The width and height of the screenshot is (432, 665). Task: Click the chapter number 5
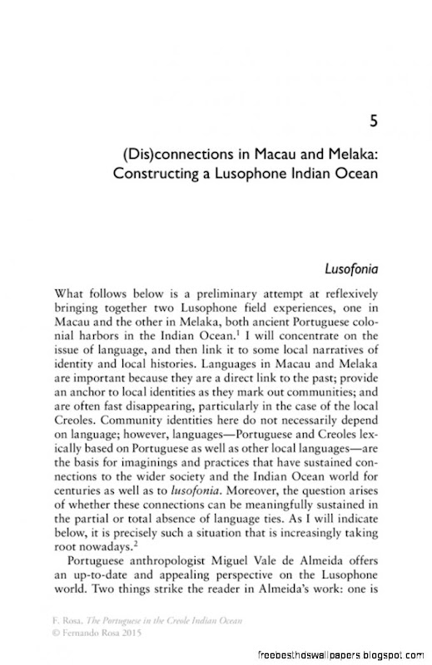click(x=375, y=122)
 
